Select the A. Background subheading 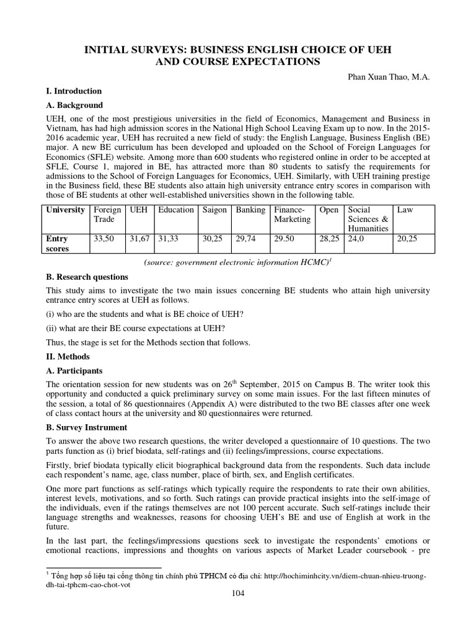click(74, 105)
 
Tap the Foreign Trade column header click(107, 215)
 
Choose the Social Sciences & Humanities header click(368, 219)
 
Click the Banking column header click(250, 210)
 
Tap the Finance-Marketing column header click(293, 215)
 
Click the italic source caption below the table click(238, 263)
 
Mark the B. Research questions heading click(87, 277)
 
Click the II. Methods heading click(68, 357)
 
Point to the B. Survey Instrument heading click(87, 427)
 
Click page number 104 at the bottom click(238, 593)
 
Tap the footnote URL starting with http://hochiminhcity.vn click(345, 576)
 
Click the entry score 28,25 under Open click(328, 239)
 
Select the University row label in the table click(66, 210)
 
